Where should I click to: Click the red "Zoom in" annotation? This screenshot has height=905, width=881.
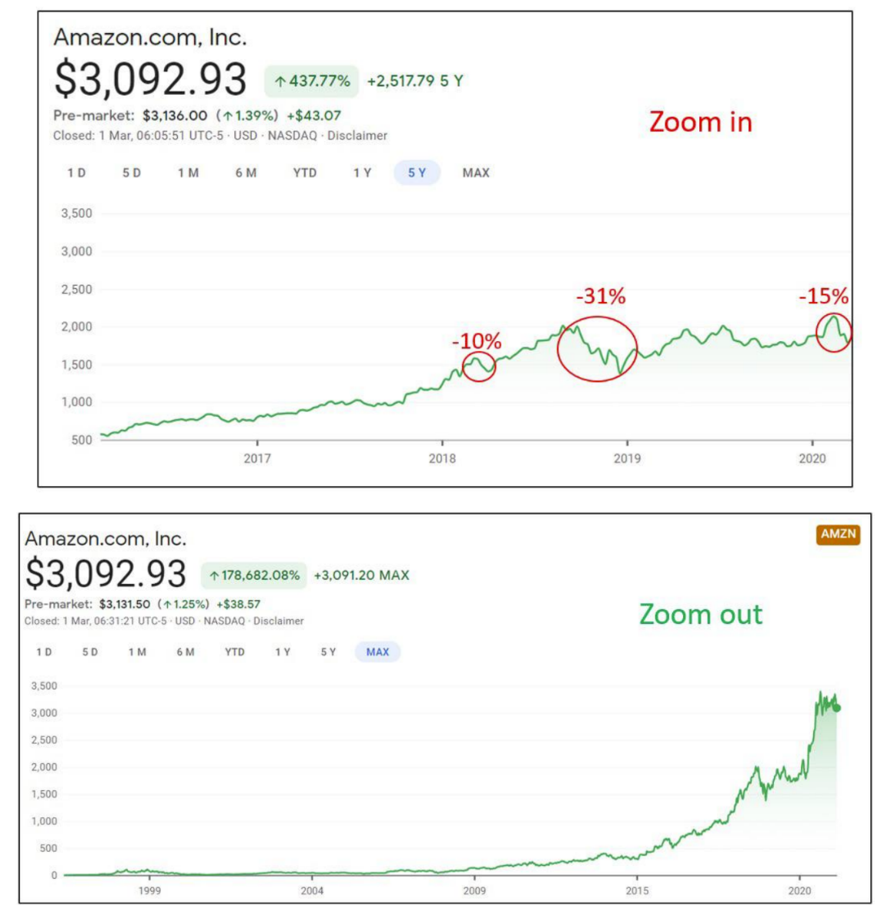700,122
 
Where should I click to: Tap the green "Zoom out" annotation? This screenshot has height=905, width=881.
701,614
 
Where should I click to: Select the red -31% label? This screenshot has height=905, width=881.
601,296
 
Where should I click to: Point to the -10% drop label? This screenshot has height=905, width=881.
476,340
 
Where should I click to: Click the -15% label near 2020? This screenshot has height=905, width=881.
823,296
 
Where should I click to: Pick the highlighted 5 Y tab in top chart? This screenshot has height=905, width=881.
417,173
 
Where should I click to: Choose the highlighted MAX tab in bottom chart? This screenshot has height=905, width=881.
377,652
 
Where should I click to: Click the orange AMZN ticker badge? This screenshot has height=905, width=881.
838,534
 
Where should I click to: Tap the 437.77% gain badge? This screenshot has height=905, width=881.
312,81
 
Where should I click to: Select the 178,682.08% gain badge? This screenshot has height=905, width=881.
254,575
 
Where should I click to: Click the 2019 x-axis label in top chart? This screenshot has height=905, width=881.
627,458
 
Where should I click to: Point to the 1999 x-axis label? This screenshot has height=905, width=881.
149,890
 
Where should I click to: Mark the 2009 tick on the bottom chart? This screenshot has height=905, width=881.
474,890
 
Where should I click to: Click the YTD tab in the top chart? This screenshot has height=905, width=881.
304,173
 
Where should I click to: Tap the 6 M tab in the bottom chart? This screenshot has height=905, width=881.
185,652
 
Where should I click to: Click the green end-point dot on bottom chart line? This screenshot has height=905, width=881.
837,708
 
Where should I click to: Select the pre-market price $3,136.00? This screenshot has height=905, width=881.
175,116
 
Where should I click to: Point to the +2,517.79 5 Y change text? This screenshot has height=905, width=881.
415,81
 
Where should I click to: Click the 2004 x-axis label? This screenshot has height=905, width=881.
312,890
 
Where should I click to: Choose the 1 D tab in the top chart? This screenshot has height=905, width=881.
76,173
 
